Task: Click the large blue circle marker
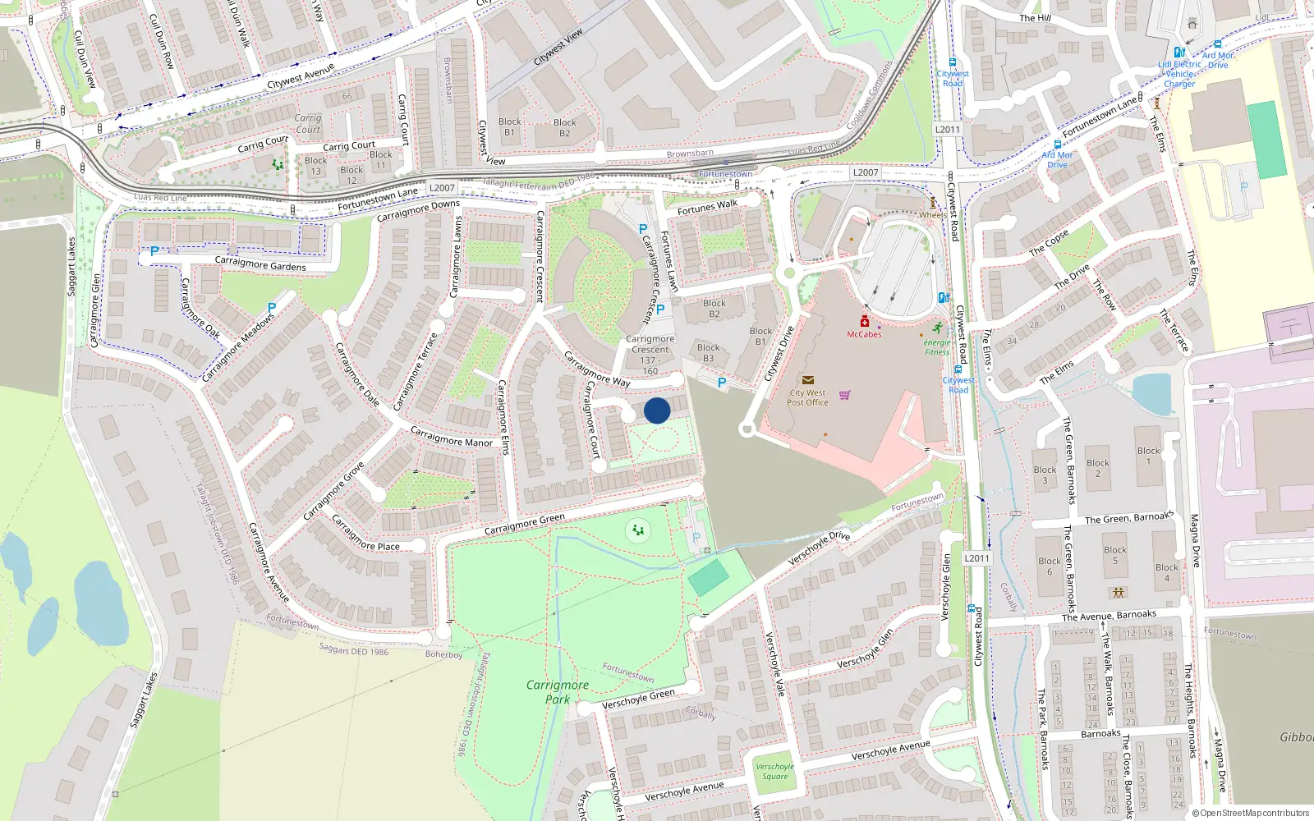coord(657,410)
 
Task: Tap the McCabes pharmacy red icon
coord(864,321)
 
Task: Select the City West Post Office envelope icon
coord(808,380)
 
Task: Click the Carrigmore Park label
coord(558,691)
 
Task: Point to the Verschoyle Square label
coord(774,772)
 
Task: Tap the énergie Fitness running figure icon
coord(937,328)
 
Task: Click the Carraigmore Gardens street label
coord(260,264)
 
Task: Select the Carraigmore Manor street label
coord(451,437)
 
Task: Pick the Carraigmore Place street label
coord(365,534)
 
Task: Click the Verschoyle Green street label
coord(638,699)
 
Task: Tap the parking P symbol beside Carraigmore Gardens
coord(154,251)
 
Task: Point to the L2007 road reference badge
coord(442,188)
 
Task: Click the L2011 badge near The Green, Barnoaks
coord(976,558)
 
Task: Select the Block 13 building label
coord(316,166)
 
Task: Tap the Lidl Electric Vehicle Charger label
coord(1179,74)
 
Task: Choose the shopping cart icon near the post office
coord(844,395)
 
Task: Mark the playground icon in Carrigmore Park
coord(638,530)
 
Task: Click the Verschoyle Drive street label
coord(819,548)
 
